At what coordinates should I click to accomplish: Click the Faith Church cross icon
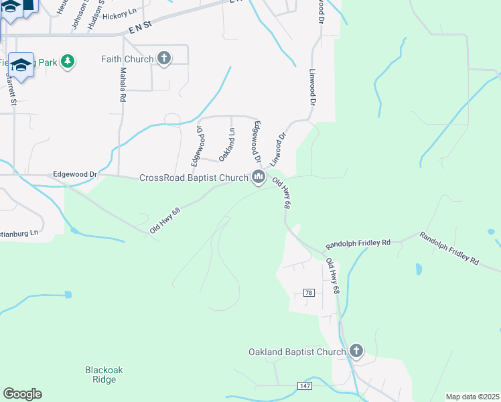pos(164,58)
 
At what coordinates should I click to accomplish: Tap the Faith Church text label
pos(127,59)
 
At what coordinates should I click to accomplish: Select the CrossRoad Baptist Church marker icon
pos(259,178)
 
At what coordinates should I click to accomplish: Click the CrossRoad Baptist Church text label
pos(194,178)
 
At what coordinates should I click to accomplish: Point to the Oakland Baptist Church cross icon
pos(356,350)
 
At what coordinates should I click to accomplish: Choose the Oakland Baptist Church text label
pos(297,352)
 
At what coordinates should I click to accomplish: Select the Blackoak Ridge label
pos(104,375)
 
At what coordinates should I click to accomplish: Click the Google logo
pos(22,394)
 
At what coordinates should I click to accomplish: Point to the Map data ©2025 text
pos(472,397)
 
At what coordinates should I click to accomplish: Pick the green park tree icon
pos(67,62)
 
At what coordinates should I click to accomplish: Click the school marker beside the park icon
pos(21,65)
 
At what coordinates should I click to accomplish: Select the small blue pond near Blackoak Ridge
pos(67,294)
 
